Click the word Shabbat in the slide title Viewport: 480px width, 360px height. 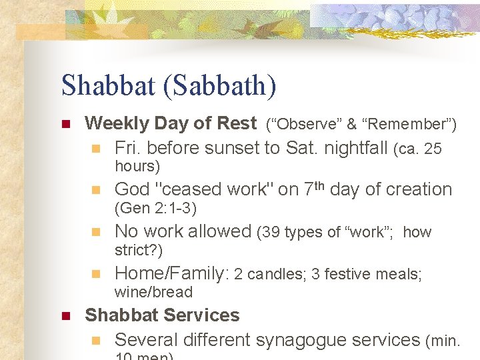(105, 85)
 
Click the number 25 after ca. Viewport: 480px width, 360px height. (433, 149)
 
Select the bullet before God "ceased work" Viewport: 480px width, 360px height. (95, 190)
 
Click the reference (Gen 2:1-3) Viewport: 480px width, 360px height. (155, 209)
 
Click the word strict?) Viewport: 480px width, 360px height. (138, 251)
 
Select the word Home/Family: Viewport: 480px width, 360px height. (172, 273)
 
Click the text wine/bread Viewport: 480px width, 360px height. (153, 292)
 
